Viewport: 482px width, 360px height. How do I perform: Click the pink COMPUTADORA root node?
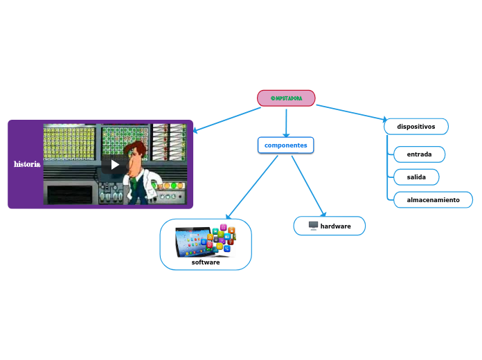[x=286, y=98]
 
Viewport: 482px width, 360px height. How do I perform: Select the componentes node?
[x=285, y=145]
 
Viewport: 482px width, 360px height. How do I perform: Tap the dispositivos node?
[x=416, y=127]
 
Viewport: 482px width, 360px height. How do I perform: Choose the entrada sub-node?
[x=419, y=154]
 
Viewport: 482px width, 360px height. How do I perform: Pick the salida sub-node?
[x=416, y=177]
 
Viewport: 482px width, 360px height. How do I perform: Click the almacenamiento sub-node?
[x=433, y=200]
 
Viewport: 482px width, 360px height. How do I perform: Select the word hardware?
[x=335, y=226]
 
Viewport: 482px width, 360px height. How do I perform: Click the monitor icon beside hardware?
[x=313, y=226]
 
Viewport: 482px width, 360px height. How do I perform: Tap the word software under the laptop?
[x=206, y=262]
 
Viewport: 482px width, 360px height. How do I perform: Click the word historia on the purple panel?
[x=27, y=164]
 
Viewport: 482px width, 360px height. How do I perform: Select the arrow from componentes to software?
[x=253, y=186]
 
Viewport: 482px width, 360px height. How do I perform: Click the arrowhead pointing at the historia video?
[x=197, y=130]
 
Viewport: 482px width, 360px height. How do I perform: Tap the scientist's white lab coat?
[x=134, y=184]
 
